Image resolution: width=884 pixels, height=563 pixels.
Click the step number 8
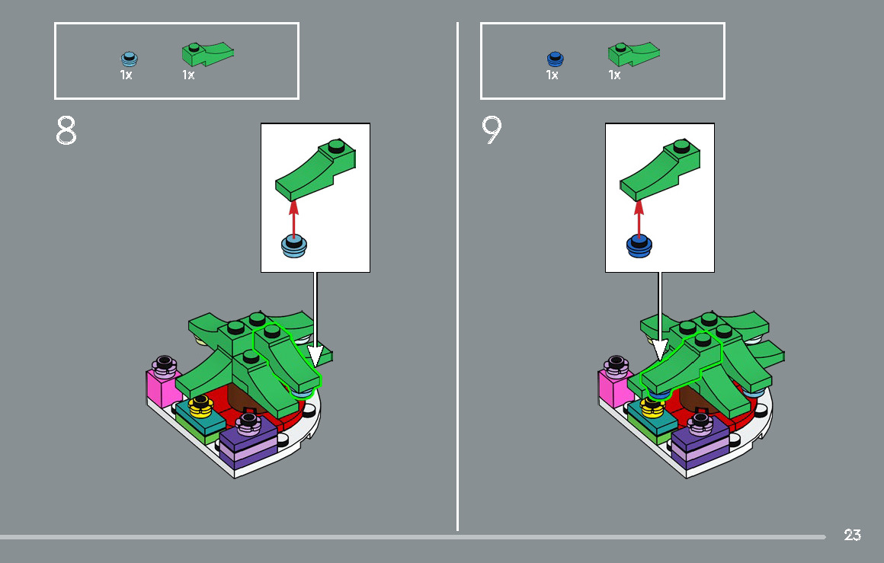66,131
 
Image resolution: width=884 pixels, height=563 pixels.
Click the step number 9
492,130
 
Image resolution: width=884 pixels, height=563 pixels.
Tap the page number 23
853,534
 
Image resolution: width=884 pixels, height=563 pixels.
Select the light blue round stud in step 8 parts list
129,59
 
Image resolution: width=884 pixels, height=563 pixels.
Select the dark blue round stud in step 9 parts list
556,59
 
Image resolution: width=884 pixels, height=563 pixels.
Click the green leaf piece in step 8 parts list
207,53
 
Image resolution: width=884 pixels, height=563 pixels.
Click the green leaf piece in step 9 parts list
634,53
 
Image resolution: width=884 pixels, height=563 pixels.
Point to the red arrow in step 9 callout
639,218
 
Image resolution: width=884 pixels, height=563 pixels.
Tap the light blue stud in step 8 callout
293,246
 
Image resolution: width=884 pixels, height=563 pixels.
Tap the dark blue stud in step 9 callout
639,247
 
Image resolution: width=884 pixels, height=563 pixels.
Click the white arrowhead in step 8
315,355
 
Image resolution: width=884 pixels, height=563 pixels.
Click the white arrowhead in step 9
660,350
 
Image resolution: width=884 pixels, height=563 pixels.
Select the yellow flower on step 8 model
200,406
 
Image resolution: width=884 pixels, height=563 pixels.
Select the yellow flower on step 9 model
652,407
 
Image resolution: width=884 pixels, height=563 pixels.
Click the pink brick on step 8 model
162,387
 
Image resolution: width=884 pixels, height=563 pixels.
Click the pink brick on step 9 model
614,389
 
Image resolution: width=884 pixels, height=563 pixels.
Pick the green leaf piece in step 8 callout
315,170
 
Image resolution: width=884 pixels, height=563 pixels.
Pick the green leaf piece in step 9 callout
660,170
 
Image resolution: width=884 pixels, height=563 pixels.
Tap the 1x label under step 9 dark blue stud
552,75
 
